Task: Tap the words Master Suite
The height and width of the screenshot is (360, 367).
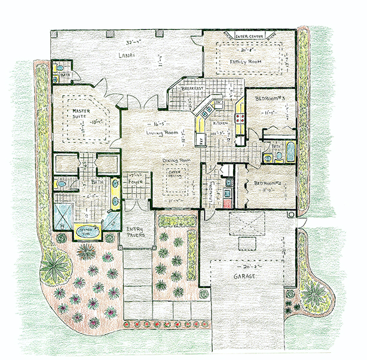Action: point(81,114)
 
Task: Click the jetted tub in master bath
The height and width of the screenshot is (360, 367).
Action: point(87,230)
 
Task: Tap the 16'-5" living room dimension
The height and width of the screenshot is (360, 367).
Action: point(155,121)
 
